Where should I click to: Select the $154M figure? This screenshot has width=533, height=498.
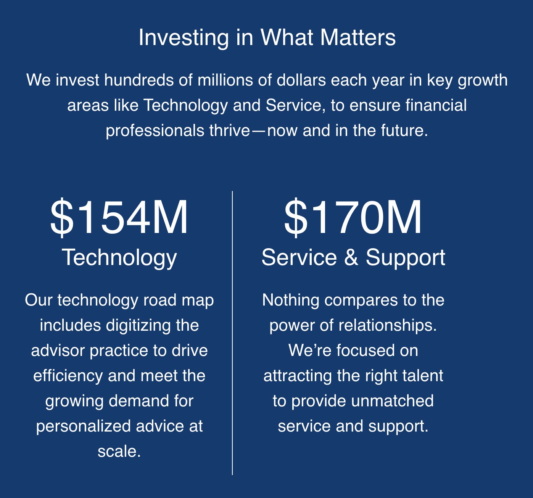pos(119,217)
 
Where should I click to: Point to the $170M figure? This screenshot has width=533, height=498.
pos(353,217)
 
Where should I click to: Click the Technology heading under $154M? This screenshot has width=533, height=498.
pos(119,258)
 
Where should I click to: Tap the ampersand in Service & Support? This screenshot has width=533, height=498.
pos(351,257)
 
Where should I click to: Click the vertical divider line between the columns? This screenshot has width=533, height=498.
pos(232,333)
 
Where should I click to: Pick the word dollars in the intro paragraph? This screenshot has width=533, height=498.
pos(301,80)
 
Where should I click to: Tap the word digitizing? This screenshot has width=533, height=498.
pos(138,326)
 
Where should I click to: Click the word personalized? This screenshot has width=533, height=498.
pos(83,427)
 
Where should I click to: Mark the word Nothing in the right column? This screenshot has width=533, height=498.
pos(291,301)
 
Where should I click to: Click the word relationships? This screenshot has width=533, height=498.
pos(386,326)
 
